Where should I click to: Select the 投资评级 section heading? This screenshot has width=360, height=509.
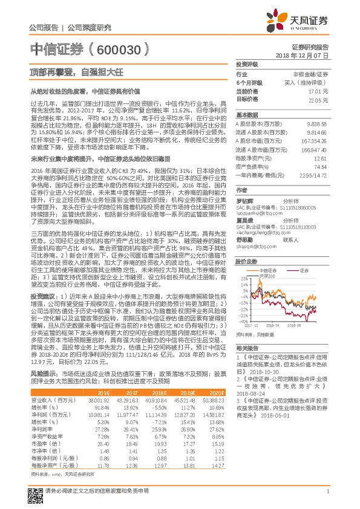click(x=246, y=64)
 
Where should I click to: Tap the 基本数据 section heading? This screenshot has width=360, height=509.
click(x=246, y=114)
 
